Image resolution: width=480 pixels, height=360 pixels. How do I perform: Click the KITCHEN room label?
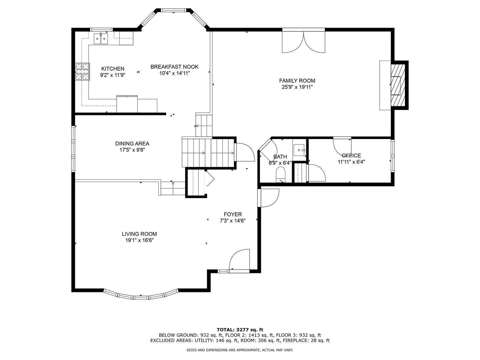pyautogui.click(x=113, y=69)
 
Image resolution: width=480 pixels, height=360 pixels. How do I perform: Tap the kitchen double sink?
pyautogui.click(x=101, y=39)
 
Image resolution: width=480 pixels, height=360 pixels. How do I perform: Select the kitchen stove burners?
pyautogui.click(x=82, y=72)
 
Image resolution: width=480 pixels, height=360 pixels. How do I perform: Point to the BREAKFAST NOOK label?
pyautogui.click(x=174, y=67)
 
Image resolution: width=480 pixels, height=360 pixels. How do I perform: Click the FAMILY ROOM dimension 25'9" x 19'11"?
pyautogui.click(x=297, y=87)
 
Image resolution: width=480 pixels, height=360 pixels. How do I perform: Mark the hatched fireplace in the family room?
pyautogui.click(x=398, y=85)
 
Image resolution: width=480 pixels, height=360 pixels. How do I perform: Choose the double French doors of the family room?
pyautogui.click(x=304, y=42)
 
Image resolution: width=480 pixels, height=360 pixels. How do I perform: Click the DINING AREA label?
pyautogui.click(x=132, y=144)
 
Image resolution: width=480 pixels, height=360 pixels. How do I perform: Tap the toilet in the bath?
pyautogui.click(x=281, y=174)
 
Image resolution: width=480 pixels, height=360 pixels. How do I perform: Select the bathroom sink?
pyautogui.click(x=299, y=150)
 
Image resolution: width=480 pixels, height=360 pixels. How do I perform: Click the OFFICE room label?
pyautogui.click(x=351, y=156)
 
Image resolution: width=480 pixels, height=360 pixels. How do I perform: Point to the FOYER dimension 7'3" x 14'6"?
pyautogui.click(x=233, y=221)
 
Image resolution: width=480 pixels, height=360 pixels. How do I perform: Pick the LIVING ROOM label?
pyautogui.click(x=139, y=234)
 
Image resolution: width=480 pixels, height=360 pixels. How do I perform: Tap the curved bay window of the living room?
pyautogui.click(x=141, y=295)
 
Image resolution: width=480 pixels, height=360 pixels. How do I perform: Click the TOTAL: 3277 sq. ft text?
pyautogui.click(x=240, y=330)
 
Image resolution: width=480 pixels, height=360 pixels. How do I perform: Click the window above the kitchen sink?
pyautogui.click(x=101, y=30)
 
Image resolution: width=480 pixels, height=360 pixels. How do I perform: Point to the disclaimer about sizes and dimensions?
pyautogui.click(x=240, y=350)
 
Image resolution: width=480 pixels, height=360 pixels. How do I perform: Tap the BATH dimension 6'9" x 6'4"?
pyautogui.click(x=280, y=163)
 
